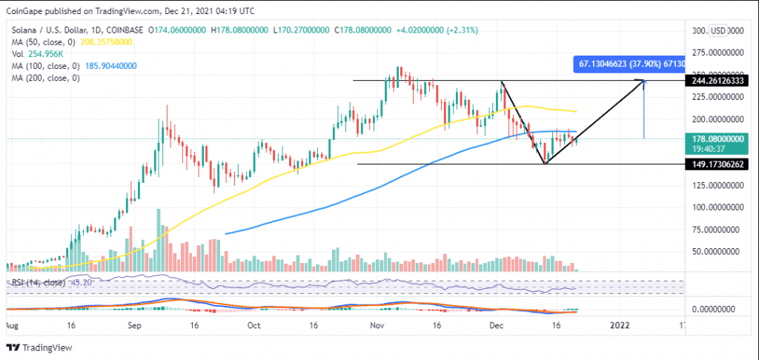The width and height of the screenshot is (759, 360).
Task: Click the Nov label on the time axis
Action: click(x=375, y=325)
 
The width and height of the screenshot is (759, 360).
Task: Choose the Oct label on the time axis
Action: click(x=254, y=325)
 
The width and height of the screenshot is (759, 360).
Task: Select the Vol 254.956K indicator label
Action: click(x=33, y=53)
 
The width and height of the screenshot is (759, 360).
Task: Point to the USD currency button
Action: click(x=717, y=30)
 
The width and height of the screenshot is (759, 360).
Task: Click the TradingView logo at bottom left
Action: click(x=37, y=347)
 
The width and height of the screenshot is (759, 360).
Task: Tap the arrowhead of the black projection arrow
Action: click(x=643, y=81)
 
